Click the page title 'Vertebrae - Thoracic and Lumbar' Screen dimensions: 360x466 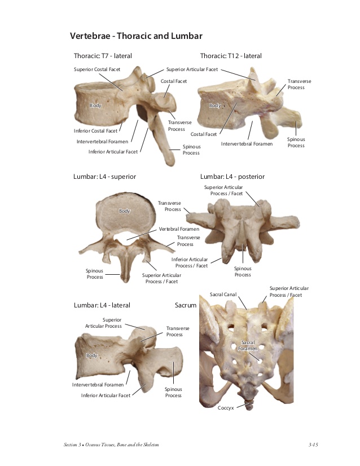[136, 36]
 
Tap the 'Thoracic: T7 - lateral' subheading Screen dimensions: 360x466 [103, 56]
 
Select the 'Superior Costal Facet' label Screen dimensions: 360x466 [97, 69]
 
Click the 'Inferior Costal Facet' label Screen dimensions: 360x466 [95, 131]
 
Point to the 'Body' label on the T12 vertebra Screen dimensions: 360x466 [215, 105]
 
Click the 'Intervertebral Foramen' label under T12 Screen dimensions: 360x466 [247, 144]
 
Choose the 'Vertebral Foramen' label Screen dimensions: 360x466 [179, 229]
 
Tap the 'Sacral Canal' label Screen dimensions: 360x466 [223, 294]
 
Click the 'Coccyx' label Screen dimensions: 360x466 [226, 408]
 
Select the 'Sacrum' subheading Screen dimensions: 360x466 [186, 305]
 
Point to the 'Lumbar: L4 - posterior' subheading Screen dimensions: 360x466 [232, 177]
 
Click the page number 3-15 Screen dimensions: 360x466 [313, 445]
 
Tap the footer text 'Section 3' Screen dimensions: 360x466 [72, 445]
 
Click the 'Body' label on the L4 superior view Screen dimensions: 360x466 [125, 211]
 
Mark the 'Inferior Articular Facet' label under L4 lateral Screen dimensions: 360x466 [106, 395]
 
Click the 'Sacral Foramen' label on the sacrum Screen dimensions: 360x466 [248, 345]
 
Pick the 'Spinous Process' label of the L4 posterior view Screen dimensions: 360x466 [243, 271]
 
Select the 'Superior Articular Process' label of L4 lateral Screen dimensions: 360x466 [103, 323]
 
